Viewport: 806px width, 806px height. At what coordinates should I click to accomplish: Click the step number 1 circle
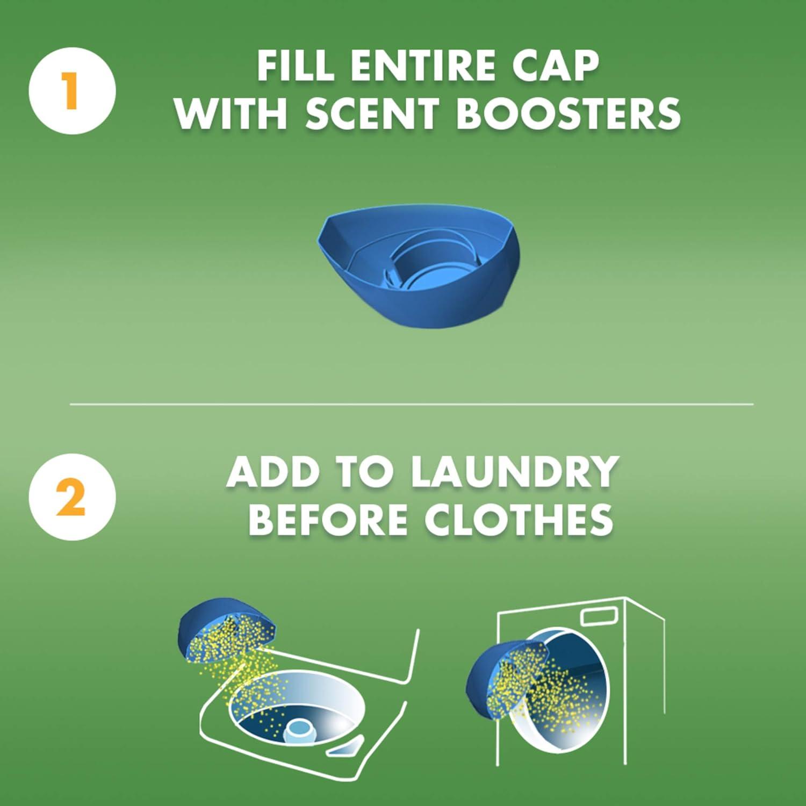(x=72, y=91)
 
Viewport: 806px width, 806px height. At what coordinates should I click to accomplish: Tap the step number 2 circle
(x=72, y=497)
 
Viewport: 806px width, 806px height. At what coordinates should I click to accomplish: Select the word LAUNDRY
(x=514, y=471)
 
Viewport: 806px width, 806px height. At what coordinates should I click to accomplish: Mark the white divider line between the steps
(x=412, y=404)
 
